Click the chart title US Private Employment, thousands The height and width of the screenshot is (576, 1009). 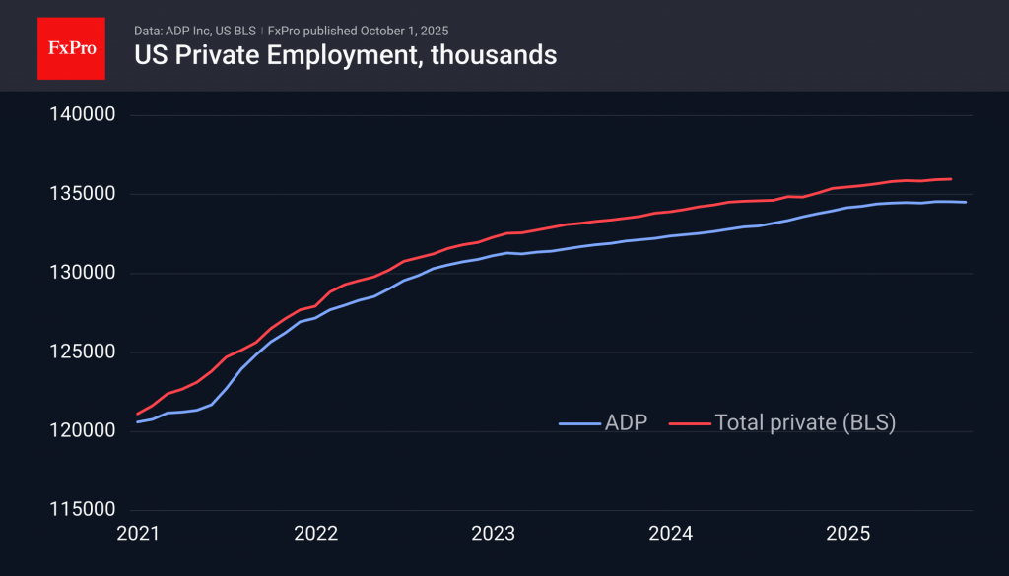[345, 55]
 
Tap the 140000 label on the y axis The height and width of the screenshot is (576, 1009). [83, 115]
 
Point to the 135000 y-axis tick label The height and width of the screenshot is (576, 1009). [83, 194]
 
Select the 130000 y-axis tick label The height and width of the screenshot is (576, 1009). [83, 274]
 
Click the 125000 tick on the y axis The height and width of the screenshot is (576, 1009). [83, 352]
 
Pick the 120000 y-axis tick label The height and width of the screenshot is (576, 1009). [83, 431]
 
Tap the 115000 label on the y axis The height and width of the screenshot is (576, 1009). [83, 510]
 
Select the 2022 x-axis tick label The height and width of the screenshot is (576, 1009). [315, 534]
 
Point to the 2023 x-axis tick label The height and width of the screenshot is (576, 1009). [493, 534]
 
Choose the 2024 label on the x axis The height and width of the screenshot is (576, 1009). [670, 534]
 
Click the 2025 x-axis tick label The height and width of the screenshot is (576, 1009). [847, 534]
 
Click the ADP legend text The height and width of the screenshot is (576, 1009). [626, 422]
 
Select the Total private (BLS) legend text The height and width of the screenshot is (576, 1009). [804, 422]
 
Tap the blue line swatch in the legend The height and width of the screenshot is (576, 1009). [578, 423]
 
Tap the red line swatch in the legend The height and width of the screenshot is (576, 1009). [689, 423]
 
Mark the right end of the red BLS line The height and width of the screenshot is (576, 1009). [951, 179]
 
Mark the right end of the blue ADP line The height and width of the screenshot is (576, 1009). [966, 202]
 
